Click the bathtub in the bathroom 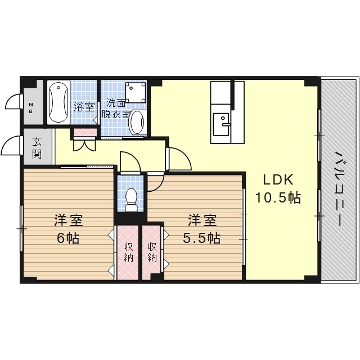(x=58, y=102)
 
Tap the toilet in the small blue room (x=131, y=200)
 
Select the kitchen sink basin (x=221, y=124)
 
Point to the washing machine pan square (x=136, y=92)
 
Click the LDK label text (x=278, y=180)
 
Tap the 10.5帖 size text (x=278, y=197)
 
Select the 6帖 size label (x=68, y=238)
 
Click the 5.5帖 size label (x=202, y=238)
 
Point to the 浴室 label (x=84, y=107)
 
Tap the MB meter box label (x=30, y=108)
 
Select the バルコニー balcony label (x=340, y=189)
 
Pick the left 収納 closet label (x=129, y=252)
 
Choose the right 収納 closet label (x=152, y=252)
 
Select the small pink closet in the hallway (x=85, y=133)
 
